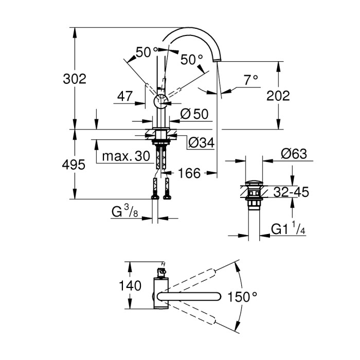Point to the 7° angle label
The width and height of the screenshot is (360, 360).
tap(250, 80)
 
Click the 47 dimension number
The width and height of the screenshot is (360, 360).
tap(125, 96)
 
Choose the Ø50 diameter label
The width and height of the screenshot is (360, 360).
tap(195, 114)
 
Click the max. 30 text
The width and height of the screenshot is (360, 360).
tap(125, 156)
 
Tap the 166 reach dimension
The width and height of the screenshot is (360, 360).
tap(189, 173)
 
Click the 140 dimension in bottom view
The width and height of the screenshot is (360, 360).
tap(130, 286)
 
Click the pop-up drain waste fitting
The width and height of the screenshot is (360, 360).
tap(253, 194)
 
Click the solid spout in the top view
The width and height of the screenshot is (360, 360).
tap(190, 296)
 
